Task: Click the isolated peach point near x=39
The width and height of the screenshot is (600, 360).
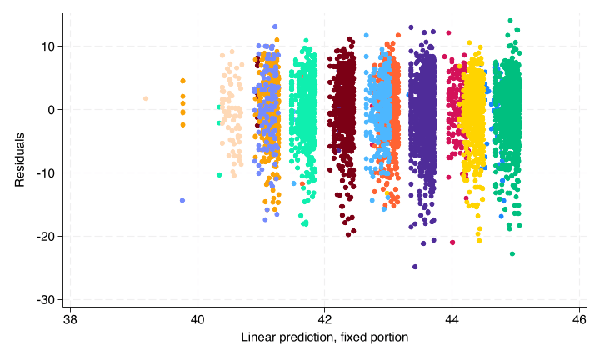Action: click(x=146, y=98)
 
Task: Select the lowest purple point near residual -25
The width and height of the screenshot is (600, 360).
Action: click(x=415, y=267)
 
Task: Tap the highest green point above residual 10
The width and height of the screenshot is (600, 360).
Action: click(x=510, y=21)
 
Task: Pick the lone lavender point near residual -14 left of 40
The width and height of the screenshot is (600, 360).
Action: click(x=182, y=201)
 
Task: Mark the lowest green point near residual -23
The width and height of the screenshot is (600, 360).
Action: click(x=512, y=253)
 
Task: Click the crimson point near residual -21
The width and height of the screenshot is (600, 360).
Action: click(x=452, y=242)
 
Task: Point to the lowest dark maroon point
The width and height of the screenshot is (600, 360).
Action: click(x=348, y=234)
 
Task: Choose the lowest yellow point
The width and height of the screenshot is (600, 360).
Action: click(x=479, y=241)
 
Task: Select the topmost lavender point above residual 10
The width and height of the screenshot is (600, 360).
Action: click(x=275, y=27)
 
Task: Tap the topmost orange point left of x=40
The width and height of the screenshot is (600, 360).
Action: click(x=182, y=81)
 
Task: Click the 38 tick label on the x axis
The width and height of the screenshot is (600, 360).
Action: click(x=70, y=320)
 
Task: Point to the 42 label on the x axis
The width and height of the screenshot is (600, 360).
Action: click(x=325, y=320)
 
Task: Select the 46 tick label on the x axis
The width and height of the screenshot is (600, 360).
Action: click(x=579, y=320)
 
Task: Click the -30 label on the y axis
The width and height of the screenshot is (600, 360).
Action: click(x=47, y=300)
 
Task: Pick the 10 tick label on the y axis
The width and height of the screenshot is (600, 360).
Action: click(x=49, y=47)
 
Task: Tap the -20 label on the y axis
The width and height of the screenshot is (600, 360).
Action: click(x=47, y=237)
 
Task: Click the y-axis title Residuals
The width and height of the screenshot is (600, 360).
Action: click(x=19, y=160)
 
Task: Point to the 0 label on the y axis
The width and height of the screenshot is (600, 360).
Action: click(x=52, y=110)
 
